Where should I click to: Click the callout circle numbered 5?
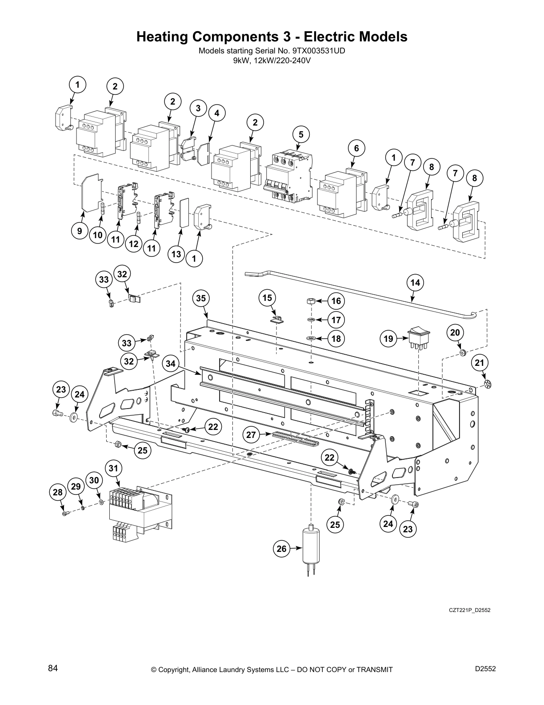pyautogui.click(x=301, y=134)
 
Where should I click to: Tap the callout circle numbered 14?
pyautogui.click(x=415, y=282)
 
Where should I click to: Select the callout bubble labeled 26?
pyautogui.click(x=282, y=549)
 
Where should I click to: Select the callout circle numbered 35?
pyautogui.click(x=201, y=298)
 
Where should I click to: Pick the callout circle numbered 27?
pyautogui.click(x=252, y=434)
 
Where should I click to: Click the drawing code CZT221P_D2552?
pyautogui.click(x=469, y=610)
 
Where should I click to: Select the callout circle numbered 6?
pyautogui.click(x=356, y=148)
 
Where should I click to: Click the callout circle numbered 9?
pyautogui.click(x=80, y=231)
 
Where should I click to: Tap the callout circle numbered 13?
pyautogui.click(x=176, y=254)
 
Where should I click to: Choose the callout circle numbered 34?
pyautogui.click(x=170, y=364)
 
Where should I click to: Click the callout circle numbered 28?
pyautogui.click(x=57, y=492)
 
